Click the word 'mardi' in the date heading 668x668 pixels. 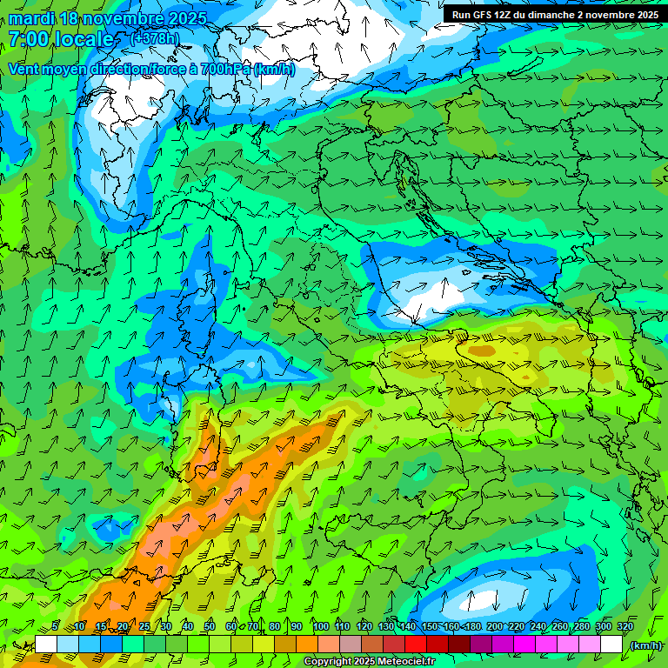pyautogui.click(x=32, y=18)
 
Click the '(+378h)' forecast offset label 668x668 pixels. pyautogui.click(x=156, y=38)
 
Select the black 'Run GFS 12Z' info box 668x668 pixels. pyautogui.click(x=555, y=14)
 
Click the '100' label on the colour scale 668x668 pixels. pyautogui.click(x=321, y=626)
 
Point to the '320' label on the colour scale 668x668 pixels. pyautogui.click(x=625, y=626)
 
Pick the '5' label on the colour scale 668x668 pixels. pyautogui.click(x=56, y=626)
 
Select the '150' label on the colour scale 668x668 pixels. pyautogui.click(x=430, y=626)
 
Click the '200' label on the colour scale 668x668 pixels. pyautogui.click(x=495, y=626)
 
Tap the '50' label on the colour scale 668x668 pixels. pyautogui.click(x=210, y=626)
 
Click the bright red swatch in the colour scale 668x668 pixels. pyautogui.click(x=416, y=645)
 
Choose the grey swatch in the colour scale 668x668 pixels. pyautogui.click(x=351, y=645)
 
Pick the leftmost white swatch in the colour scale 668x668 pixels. pyautogui.click(x=46, y=645)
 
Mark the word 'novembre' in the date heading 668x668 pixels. pyautogui.click(x=130, y=18)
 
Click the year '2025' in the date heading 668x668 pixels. pyautogui.click(x=187, y=18)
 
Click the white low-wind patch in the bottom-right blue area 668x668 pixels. pyautogui.click(x=481, y=600)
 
